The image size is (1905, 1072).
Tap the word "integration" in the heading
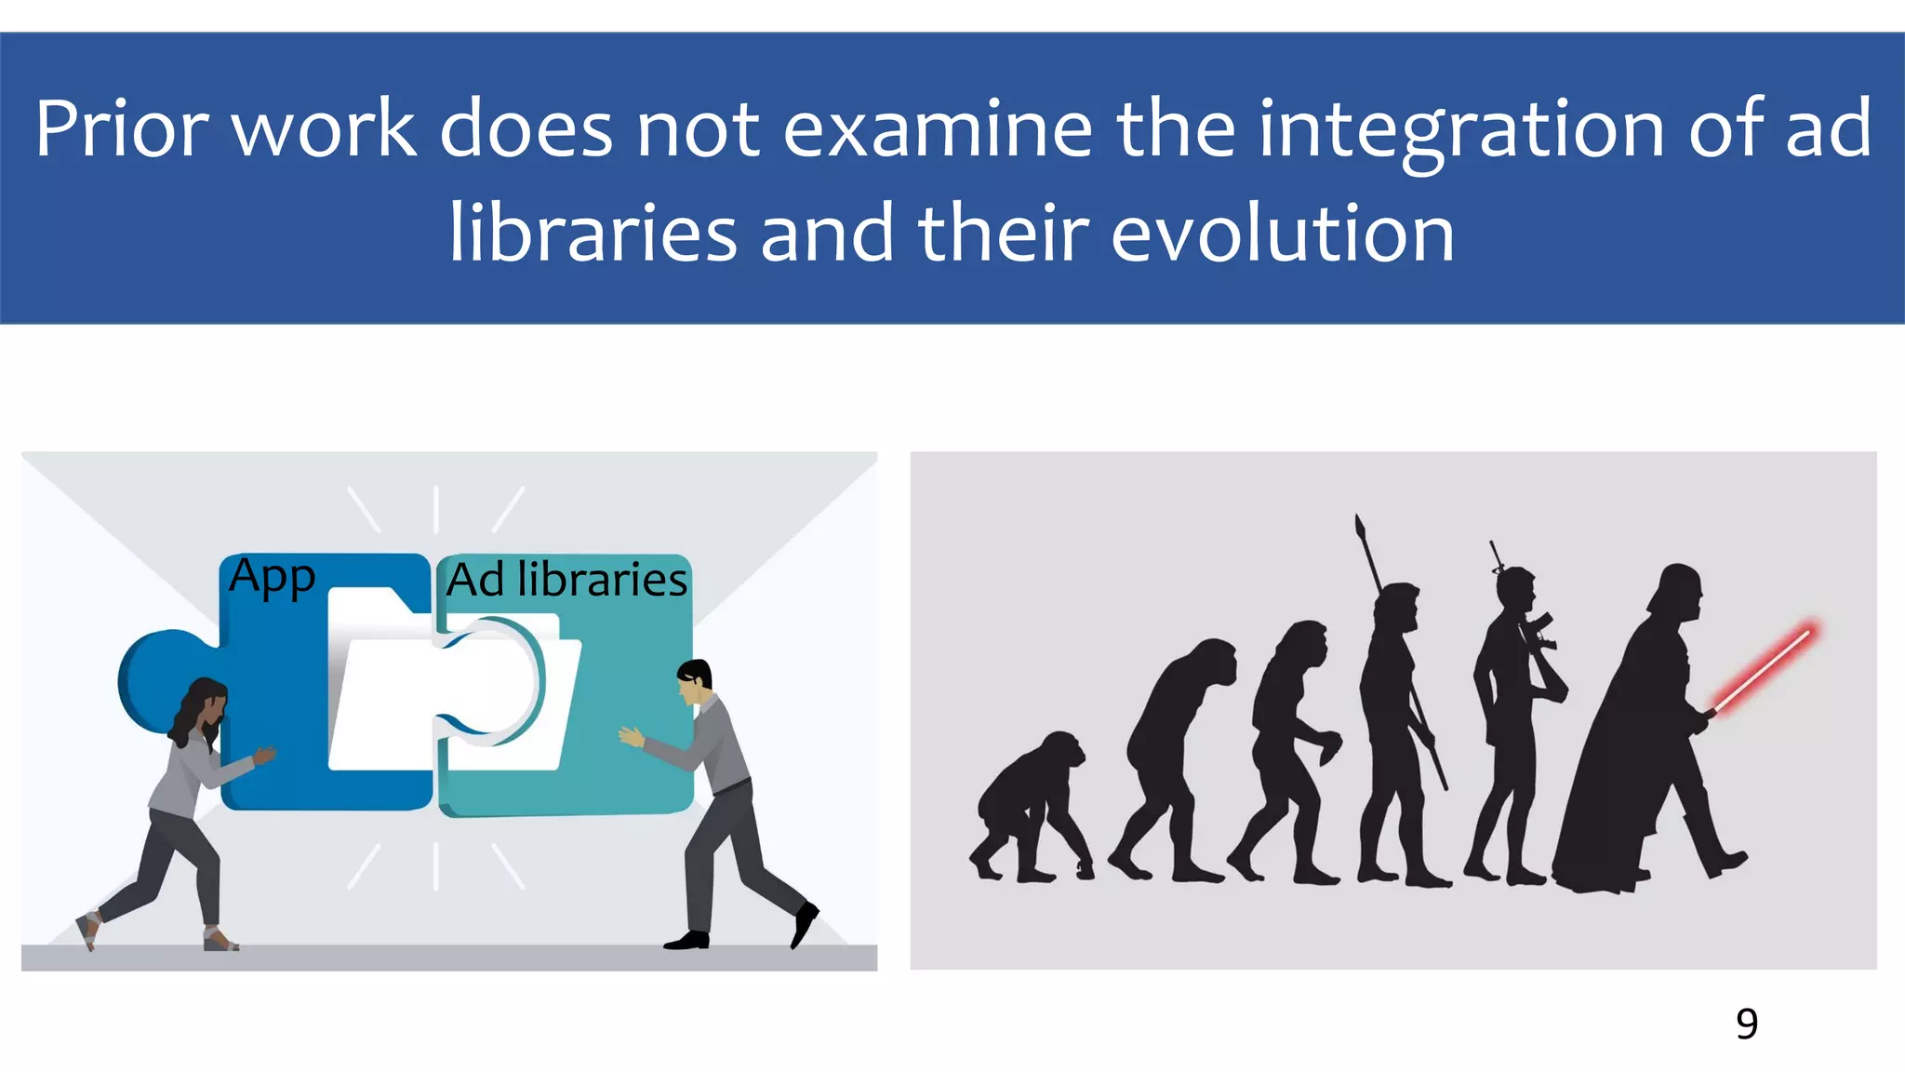coord(1461,130)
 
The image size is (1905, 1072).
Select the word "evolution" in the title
coord(1283,234)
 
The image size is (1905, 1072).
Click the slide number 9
coord(1746,1025)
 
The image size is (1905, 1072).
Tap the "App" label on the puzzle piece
coord(272,577)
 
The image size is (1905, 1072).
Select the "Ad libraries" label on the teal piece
coord(566,580)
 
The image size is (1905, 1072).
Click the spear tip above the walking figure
coord(1361,529)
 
